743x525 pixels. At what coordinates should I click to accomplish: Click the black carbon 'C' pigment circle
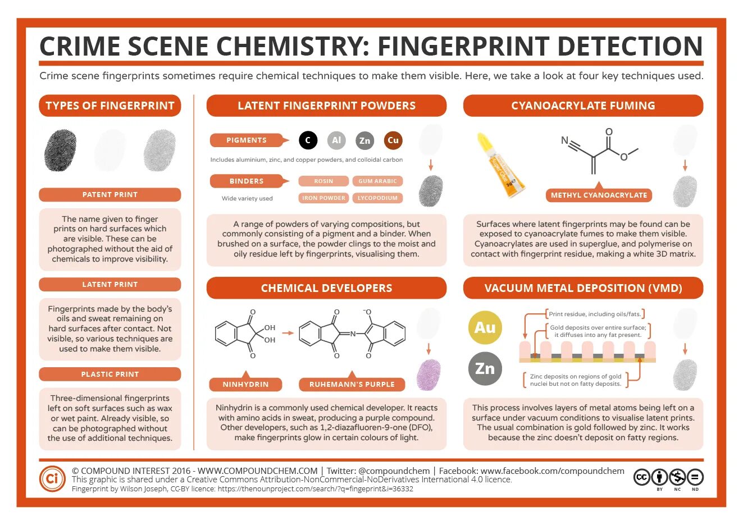click(308, 140)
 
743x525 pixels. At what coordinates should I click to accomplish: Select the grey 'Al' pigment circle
click(336, 140)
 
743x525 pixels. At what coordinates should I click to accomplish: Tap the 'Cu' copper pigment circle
click(393, 140)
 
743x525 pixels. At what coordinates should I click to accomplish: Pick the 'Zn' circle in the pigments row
click(365, 140)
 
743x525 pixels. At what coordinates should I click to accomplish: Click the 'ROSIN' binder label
click(323, 181)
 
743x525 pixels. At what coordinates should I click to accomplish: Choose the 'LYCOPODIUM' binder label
click(377, 198)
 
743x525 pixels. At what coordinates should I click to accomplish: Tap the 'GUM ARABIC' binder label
click(377, 181)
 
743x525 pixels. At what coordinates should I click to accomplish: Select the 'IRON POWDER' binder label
click(323, 198)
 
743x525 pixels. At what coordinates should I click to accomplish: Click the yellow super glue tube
click(500, 165)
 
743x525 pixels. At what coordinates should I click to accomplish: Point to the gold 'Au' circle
click(485, 327)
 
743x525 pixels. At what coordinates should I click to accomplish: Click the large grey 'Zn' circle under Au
click(485, 368)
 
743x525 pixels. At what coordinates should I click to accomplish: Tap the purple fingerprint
click(429, 375)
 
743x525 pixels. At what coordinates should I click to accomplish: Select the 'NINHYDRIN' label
click(245, 385)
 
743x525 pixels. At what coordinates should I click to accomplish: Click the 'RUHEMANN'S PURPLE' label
click(352, 385)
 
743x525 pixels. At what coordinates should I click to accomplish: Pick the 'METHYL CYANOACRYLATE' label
click(599, 195)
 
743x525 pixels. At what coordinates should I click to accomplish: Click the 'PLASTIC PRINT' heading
click(110, 374)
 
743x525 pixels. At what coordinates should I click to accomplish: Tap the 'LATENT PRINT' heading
click(110, 284)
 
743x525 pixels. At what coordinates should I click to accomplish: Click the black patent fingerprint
click(60, 150)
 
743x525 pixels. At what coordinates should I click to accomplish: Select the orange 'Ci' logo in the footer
click(52, 479)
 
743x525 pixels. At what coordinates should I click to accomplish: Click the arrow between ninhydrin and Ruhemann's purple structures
click(288, 333)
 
